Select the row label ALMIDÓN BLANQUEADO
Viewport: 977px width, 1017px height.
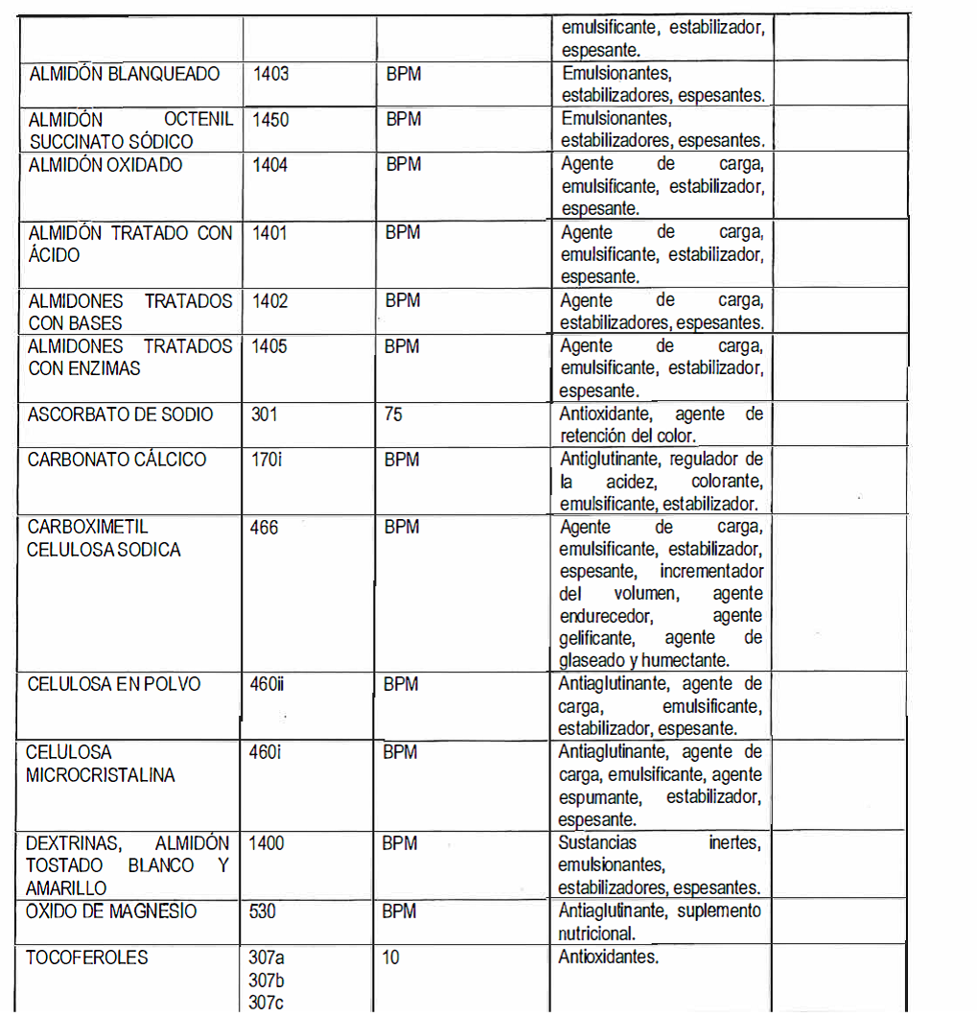pyautogui.click(x=124, y=74)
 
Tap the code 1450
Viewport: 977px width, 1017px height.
pyautogui.click(x=270, y=120)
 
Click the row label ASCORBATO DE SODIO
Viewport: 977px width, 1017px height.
pyautogui.click(x=121, y=414)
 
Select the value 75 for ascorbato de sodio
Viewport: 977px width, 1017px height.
pyautogui.click(x=393, y=414)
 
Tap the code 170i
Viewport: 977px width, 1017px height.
pyautogui.click(x=267, y=460)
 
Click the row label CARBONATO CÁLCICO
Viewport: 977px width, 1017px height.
pyautogui.click(x=117, y=460)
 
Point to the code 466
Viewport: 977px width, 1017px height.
pyautogui.click(x=264, y=528)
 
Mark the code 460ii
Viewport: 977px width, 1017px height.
pyautogui.click(x=267, y=685)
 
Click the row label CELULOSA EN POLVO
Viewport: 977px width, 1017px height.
pyautogui.click(x=114, y=685)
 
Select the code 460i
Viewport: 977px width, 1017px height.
pyautogui.click(x=265, y=752)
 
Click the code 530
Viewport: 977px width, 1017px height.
pyautogui.click(x=263, y=911)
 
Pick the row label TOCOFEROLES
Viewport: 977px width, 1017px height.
pyautogui.click(x=86, y=958)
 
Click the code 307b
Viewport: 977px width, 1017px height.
pyautogui.click(x=266, y=980)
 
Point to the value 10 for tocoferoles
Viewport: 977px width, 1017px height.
pyautogui.click(x=390, y=958)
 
